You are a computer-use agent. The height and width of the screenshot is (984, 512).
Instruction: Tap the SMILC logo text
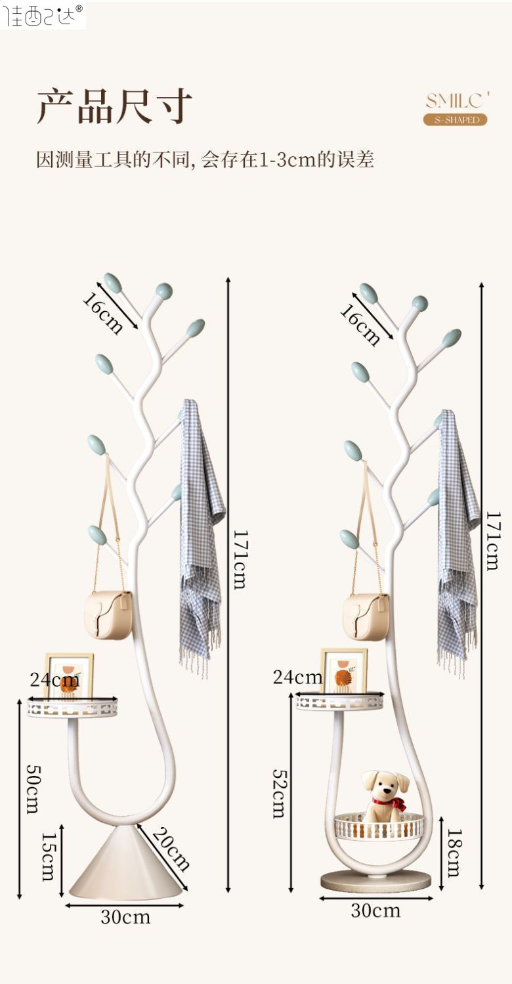tap(458, 100)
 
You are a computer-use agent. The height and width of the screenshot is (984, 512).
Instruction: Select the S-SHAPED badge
tap(455, 119)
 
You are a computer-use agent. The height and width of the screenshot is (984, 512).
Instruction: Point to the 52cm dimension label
tap(279, 794)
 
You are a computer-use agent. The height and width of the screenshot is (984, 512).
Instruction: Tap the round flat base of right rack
tap(376, 880)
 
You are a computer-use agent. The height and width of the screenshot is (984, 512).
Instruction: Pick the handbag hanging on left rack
tap(108, 614)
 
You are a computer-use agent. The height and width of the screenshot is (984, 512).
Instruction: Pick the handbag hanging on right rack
tap(365, 617)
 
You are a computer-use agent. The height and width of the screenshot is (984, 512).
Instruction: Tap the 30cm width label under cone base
tap(125, 917)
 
